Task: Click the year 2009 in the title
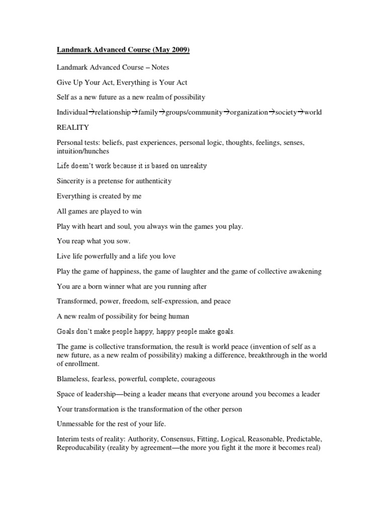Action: coord(178,50)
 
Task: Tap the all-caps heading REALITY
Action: coord(73,128)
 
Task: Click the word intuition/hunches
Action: coord(82,151)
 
